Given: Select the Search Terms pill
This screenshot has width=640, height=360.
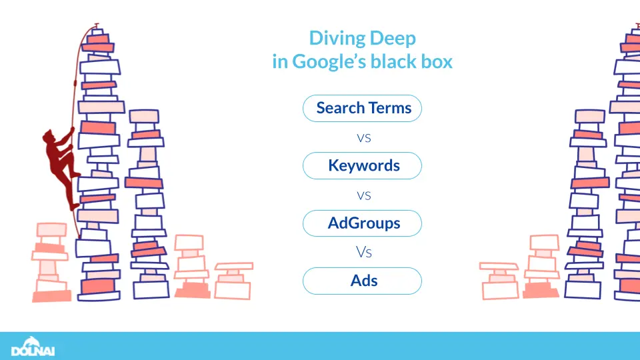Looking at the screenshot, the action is pyautogui.click(x=362, y=108).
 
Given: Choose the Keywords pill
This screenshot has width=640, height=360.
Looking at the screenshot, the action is pyautogui.click(x=362, y=165).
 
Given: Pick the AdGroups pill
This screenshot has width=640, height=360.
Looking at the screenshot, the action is pyautogui.click(x=362, y=223).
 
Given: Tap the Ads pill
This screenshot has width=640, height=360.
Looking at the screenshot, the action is pyautogui.click(x=362, y=281).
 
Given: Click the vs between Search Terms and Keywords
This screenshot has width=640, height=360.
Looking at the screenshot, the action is pyautogui.click(x=363, y=139).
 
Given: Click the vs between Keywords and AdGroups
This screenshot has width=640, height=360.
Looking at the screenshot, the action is pyautogui.click(x=363, y=196).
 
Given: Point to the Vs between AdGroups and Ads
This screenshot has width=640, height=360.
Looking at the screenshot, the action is pyautogui.click(x=363, y=253).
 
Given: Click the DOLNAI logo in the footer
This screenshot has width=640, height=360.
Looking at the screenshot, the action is pyautogui.click(x=33, y=347).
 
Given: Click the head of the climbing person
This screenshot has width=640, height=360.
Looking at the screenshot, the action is pyautogui.click(x=48, y=138).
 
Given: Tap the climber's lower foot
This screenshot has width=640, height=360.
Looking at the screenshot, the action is pyautogui.click(x=74, y=207).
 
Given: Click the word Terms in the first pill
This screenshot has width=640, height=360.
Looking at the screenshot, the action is pyautogui.click(x=390, y=108).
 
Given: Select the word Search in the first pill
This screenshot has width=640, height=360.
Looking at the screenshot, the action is pyautogui.click(x=341, y=108).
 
